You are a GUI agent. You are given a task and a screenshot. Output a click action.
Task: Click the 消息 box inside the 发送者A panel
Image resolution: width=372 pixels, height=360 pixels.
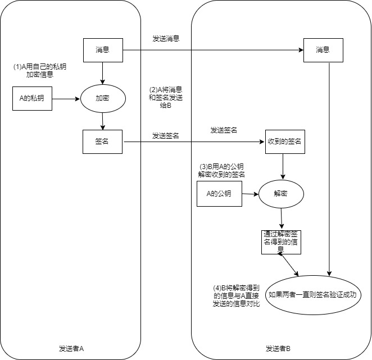coord(102,50)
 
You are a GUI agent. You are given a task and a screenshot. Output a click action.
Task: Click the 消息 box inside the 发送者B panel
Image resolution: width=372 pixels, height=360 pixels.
coord(323,50)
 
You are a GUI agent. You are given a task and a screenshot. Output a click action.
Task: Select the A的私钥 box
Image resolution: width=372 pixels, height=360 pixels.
coord(31,98)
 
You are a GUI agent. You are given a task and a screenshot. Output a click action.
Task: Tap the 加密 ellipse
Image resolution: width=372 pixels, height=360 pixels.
coord(102,98)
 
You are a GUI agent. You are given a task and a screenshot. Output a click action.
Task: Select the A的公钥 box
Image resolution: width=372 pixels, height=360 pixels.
coord(220,195)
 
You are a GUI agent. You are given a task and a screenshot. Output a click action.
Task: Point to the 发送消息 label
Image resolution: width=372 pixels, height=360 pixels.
coord(166,39)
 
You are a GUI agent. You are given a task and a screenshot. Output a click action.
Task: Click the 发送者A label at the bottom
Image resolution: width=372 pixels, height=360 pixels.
coord(71,348)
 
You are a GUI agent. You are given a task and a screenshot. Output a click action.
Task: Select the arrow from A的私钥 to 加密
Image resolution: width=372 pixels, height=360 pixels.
coord(66,98)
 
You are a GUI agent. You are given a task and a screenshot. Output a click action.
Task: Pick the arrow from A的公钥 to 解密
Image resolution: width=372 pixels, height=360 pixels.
coord(249,195)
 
